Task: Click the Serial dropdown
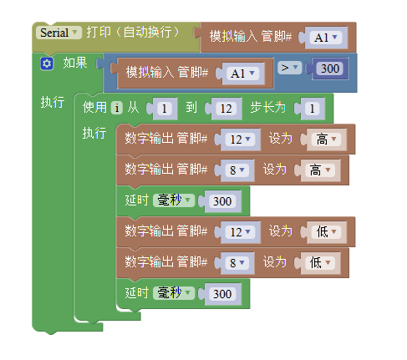pos(59,33)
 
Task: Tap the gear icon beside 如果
pos(47,63)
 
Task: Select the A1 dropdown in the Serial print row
pos(326,38)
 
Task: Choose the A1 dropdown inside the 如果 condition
pos(242,74)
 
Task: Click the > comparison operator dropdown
pos(289,68)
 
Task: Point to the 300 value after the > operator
pos(330,68)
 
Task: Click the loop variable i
pos(117,108)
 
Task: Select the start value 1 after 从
pos(165,109)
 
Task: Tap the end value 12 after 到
pos(226,109)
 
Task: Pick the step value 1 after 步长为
pos(312,109)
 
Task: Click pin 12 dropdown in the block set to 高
pos(240,139)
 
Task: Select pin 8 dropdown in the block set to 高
pos(237,170)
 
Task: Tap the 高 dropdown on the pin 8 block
pos(320,170)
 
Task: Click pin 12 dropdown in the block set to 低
pos(240,232)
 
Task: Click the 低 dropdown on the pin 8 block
pos(320,262)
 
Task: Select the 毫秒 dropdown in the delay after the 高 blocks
pos(174,200)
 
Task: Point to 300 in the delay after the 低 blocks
pos(222,294)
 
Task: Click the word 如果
pos(75,63)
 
